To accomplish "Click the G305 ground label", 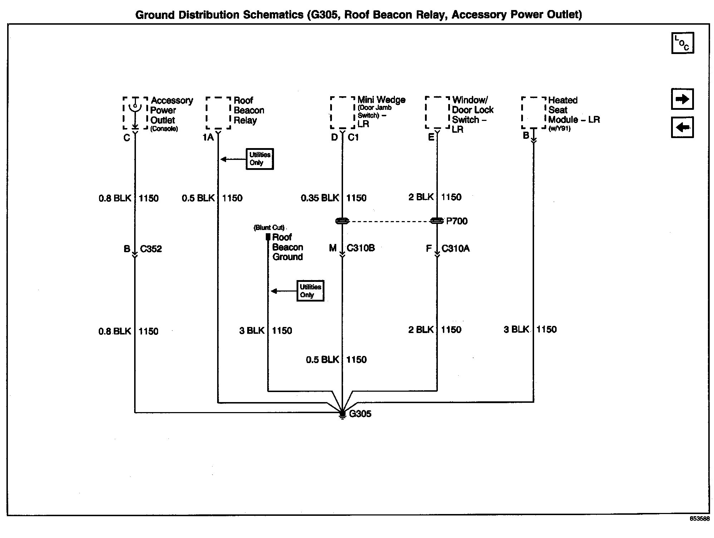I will (x=360, y=414).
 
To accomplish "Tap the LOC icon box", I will (x=683, y=43).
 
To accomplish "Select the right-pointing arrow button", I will (x=683, y=99).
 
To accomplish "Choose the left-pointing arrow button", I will (x=683, y=127).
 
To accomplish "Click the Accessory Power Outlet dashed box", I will (x=135, y=113).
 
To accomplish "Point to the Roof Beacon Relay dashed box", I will (x=218, y=113).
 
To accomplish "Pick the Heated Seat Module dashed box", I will (x=533, y=112).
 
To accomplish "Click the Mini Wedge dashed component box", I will (x=342, y=112).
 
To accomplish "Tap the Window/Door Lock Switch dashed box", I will (x=437, y=112).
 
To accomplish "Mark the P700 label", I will (x=457, y=221).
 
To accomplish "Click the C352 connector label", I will (x=151, y=249).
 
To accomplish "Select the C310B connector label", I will (x=361, y=248).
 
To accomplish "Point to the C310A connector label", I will (x=455, y=248).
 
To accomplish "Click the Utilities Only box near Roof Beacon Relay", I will (x=260, y=159).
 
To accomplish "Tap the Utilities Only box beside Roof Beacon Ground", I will (x=310, y=291).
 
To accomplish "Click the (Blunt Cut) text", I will (x=269, y=228).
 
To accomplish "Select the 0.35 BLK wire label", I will (x=319, y=198).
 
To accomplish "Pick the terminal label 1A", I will (x=208, y=137).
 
